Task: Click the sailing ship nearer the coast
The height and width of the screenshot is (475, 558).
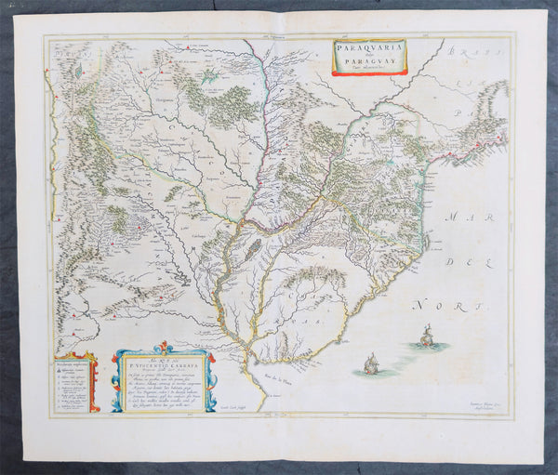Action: (371, 363)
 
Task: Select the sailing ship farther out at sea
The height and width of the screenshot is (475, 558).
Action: (427, 336)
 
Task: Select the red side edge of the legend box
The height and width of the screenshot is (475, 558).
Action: (96, 383)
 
